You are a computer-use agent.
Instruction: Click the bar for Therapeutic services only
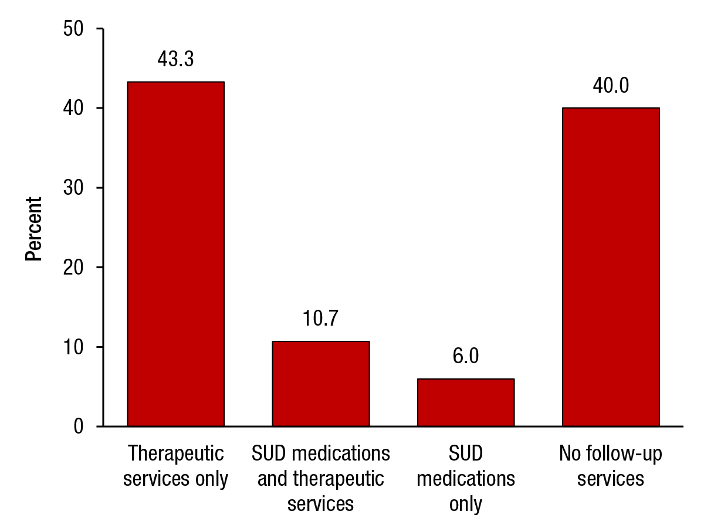coord(175,253)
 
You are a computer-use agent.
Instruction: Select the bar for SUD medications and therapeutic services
coord(320,383)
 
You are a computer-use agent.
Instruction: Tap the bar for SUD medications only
coord(466,402)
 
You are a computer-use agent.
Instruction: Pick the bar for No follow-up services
coord(611,267)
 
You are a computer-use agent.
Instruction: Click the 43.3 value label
coord(175,59)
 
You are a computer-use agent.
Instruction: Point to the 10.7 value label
coord(320,319)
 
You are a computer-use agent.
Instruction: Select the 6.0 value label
coord(466,357)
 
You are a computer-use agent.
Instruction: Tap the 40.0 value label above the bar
coord(611,86)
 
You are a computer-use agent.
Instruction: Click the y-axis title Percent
coord(34,228)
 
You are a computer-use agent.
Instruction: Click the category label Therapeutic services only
coord(175,466)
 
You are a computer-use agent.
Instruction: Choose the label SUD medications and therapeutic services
coord(320,479)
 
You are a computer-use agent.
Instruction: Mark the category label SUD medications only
coord(466,479)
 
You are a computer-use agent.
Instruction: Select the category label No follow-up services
coord(611,466)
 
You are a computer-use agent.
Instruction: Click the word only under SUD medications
coord(466,504)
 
